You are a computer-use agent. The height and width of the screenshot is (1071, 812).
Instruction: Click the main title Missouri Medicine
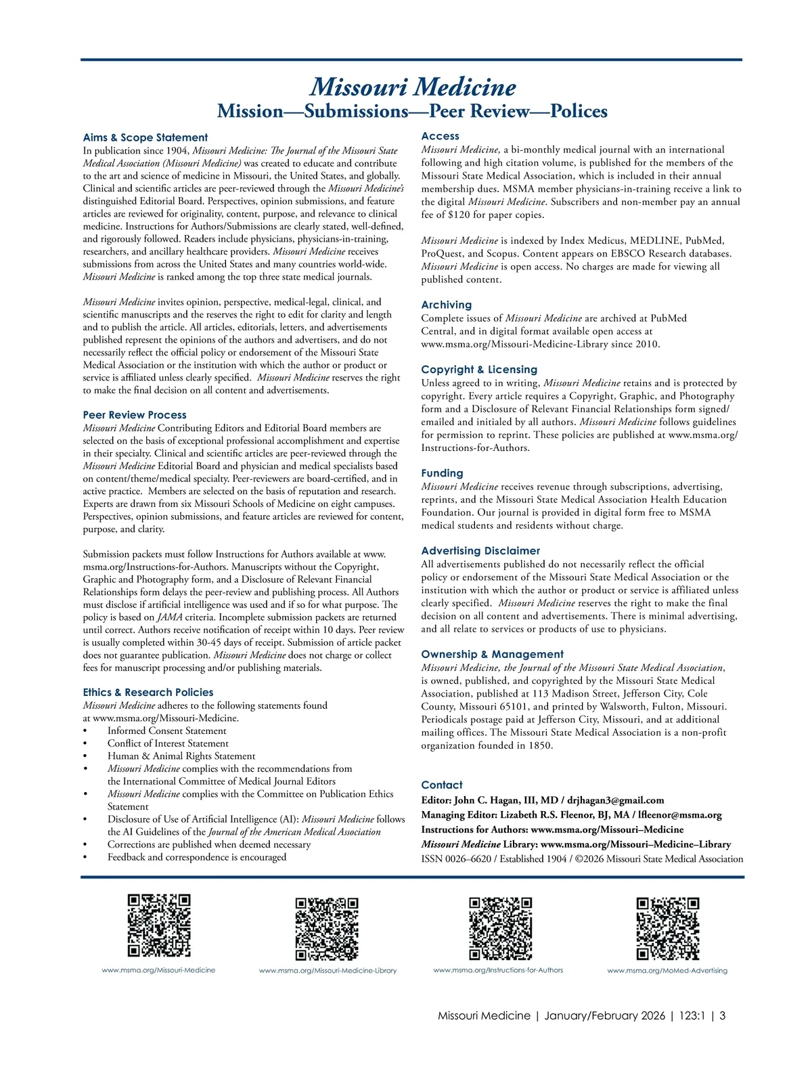pos(413,87)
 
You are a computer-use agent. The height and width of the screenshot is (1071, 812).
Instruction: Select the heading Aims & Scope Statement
pos(145,137)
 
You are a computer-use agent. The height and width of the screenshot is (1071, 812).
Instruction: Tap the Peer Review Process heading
pos(135,415)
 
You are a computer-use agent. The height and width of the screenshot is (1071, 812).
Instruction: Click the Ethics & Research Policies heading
pos(148,693)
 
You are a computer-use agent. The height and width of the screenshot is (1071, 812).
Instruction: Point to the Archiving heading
pos(447,305)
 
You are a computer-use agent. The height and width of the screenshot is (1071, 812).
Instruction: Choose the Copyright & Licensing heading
pos(479,370)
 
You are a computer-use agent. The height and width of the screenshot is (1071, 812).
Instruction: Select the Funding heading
pos(442,473)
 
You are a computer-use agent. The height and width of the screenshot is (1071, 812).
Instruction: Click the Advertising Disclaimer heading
pos(480,551)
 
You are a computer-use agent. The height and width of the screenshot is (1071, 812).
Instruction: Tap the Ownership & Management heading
pos(492,655)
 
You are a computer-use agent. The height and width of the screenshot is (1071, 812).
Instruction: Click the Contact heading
pos(442,785)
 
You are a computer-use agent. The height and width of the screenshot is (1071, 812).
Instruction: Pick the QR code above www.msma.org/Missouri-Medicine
pos(159,925)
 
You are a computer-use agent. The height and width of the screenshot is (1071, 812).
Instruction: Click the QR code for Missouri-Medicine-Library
pos(327,929)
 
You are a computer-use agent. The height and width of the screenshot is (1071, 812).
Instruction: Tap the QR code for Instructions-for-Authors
pos(501,928)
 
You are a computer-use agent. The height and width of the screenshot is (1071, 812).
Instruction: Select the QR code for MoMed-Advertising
pos(668,928)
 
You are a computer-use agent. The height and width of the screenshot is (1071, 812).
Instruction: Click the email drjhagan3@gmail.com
pos(616,800)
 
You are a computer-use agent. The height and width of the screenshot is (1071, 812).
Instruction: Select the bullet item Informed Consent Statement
pos(167,731)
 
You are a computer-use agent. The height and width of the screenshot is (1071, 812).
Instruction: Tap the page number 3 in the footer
pos(723,1015)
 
